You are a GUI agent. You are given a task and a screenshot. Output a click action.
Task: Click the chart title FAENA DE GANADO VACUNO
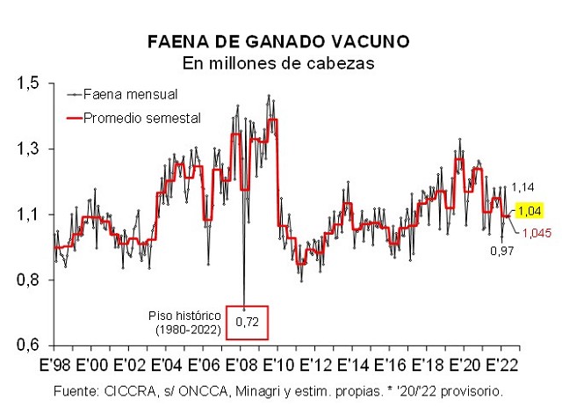[x=278, y=42]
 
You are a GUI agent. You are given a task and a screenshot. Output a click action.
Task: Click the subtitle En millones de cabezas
[x=278, y=63]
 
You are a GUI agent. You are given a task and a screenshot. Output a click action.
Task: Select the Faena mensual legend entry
[x=136, y=94]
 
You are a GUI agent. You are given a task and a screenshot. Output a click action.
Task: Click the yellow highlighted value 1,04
[x=530, y=211]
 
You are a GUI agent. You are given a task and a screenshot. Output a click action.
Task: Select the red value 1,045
[x=536, y=233]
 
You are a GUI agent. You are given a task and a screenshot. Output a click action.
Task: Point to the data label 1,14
[x=523, y=187]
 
